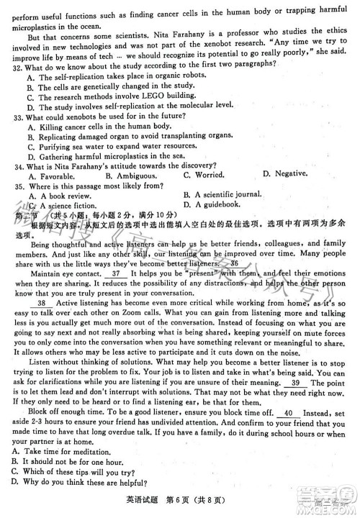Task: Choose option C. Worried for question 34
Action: (x=200, y=175)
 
